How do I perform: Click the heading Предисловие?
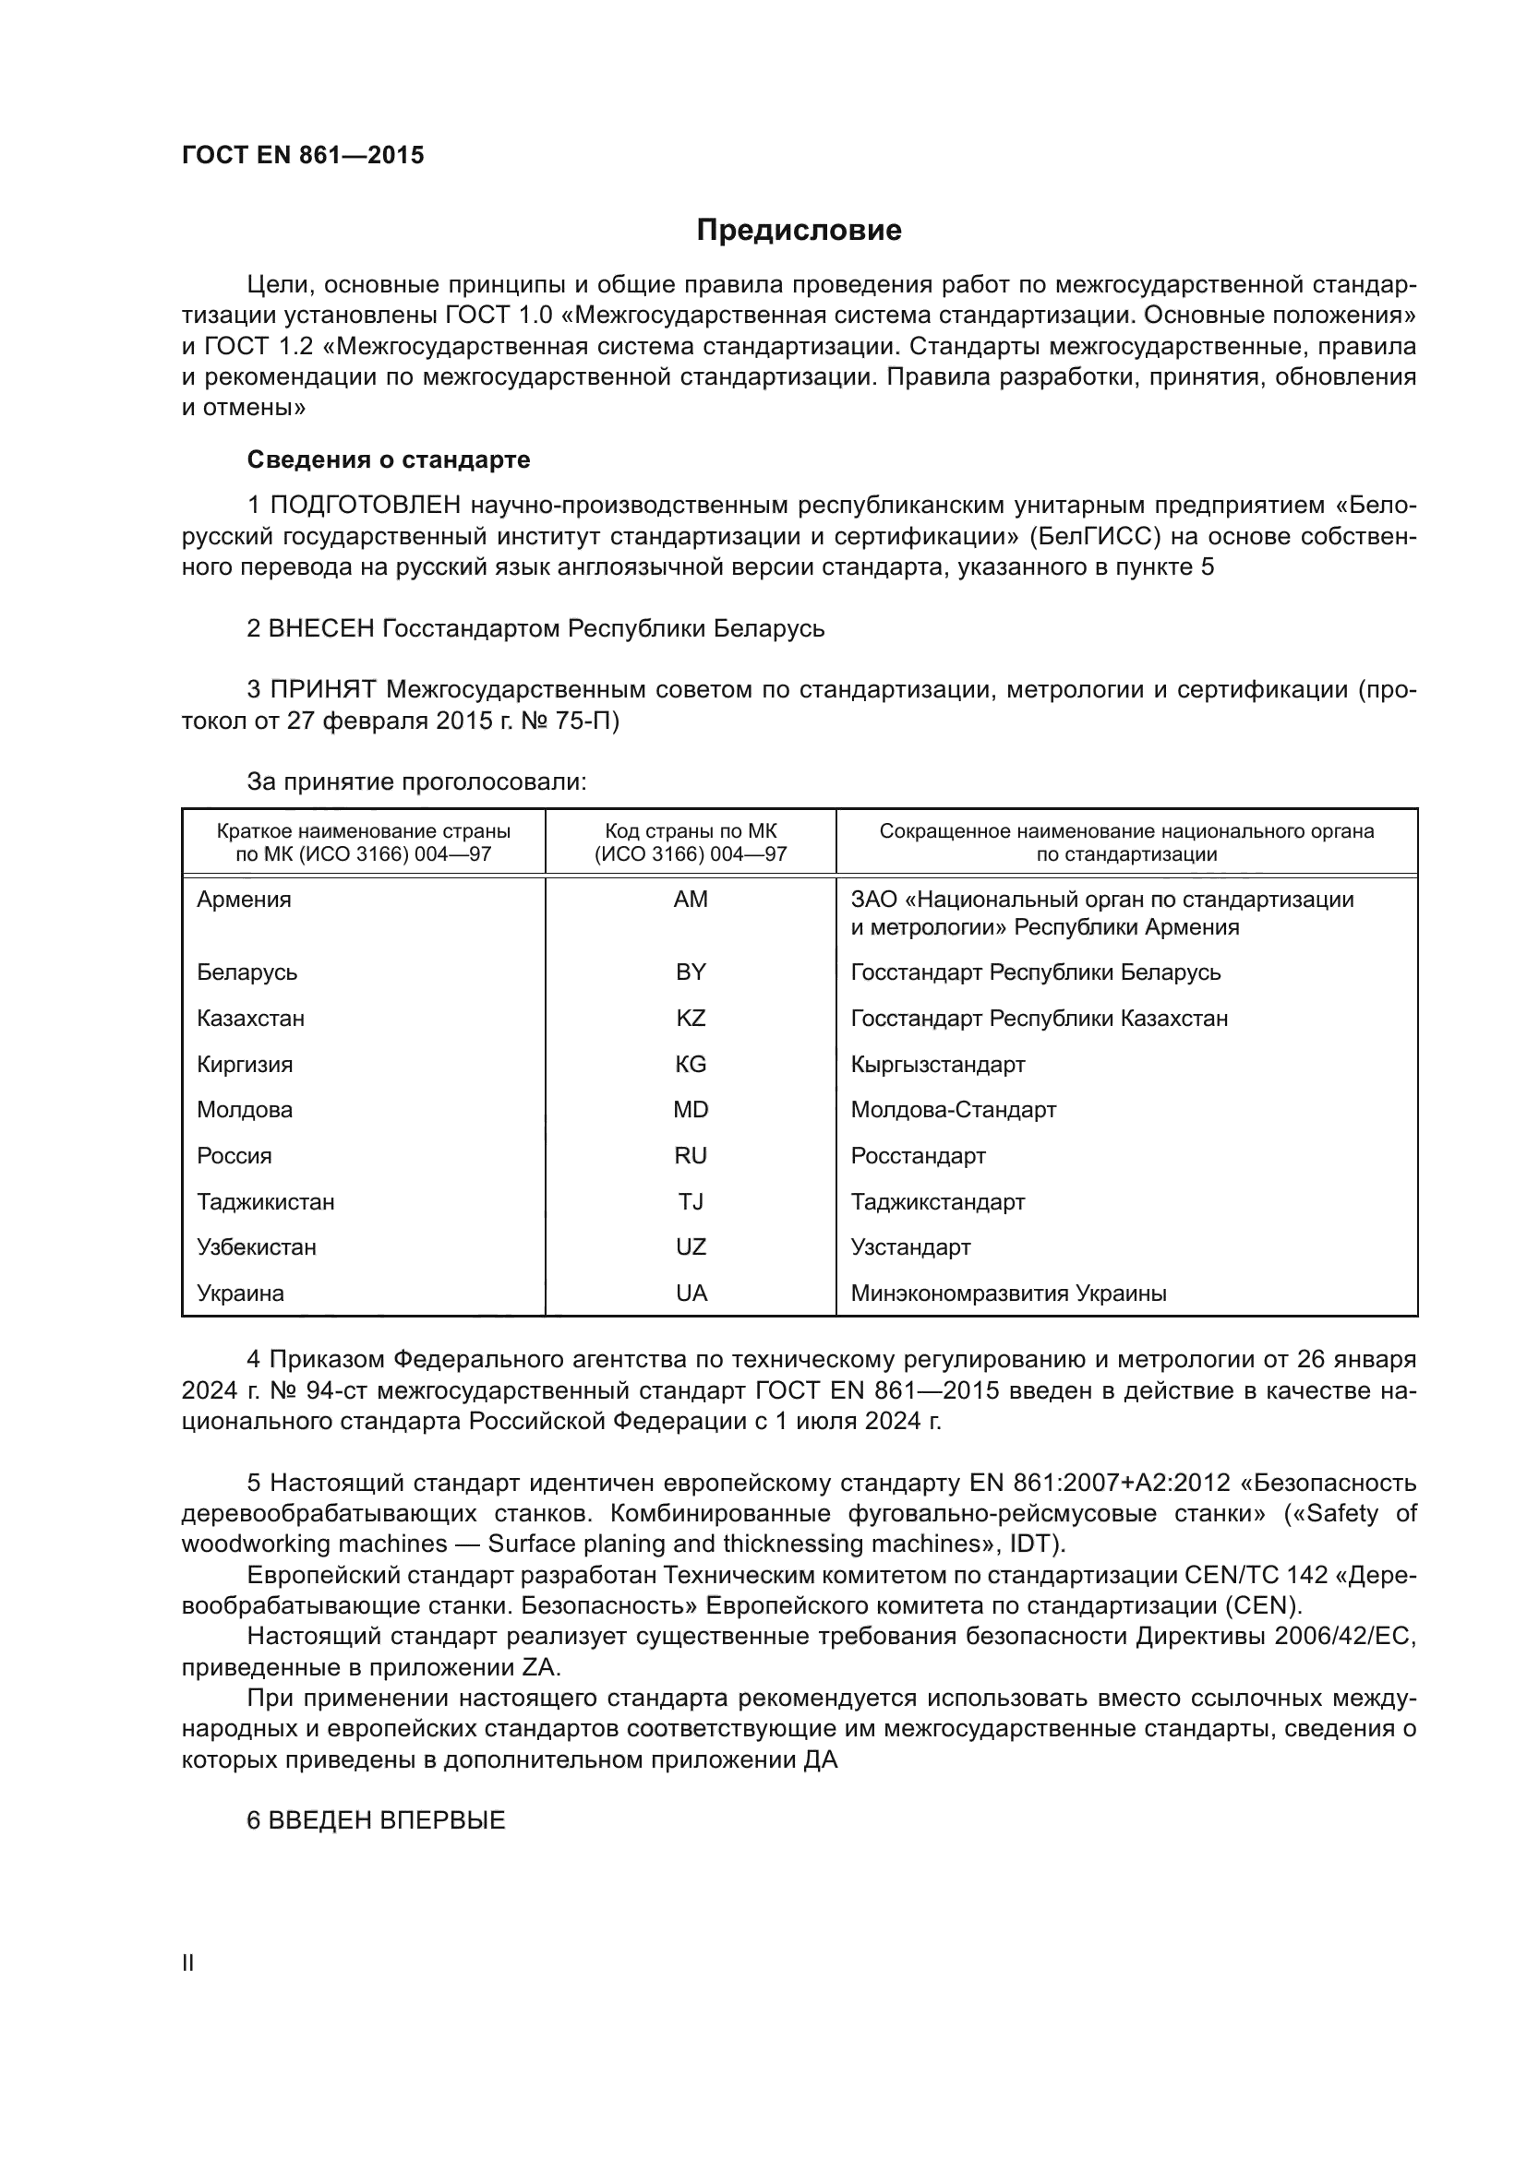(799, 231)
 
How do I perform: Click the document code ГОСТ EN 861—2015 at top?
(303, 156)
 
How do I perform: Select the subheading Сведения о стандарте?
(389, 459)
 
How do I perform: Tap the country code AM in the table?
(691, 900)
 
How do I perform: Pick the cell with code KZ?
(691, 1019)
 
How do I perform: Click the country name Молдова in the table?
(245, 1110)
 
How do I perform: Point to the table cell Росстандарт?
(918, 1156)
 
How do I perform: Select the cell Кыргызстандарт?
(937, 1065)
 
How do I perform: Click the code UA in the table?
(691, 1294)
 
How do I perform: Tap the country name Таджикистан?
(265, 1202)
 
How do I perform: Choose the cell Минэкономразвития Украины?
(1008, 1294)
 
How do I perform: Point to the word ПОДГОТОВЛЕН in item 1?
(365, 506)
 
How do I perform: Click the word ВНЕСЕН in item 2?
(321, 628)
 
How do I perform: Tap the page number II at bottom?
(188, 1962)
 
